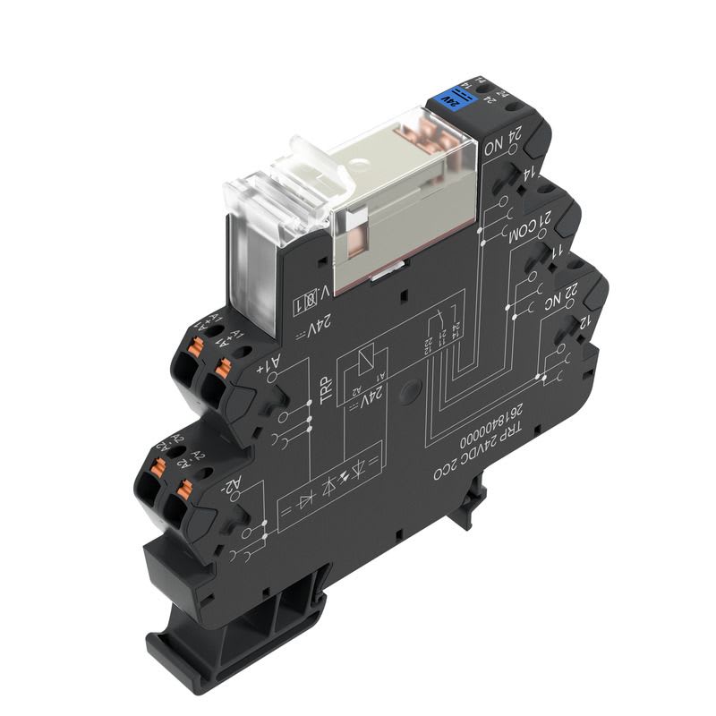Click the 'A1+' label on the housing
[268, 367]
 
